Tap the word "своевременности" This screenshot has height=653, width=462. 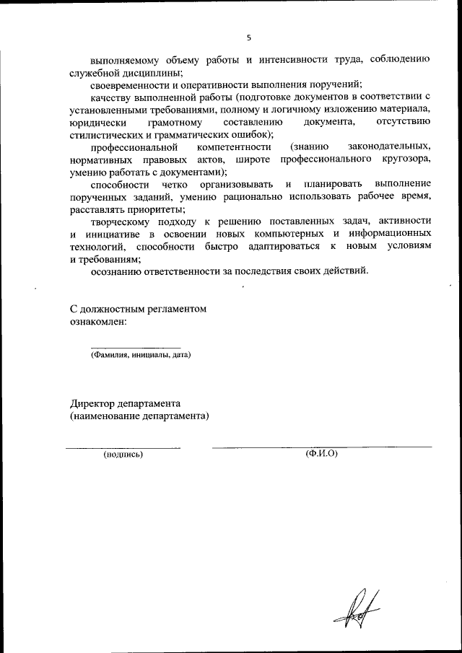(131, 85)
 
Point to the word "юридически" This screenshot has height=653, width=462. (97, 122)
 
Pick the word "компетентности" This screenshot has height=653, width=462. (230, 147)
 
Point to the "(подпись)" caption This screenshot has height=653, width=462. (123, 455)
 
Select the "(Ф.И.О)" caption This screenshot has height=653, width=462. (322, 454)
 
